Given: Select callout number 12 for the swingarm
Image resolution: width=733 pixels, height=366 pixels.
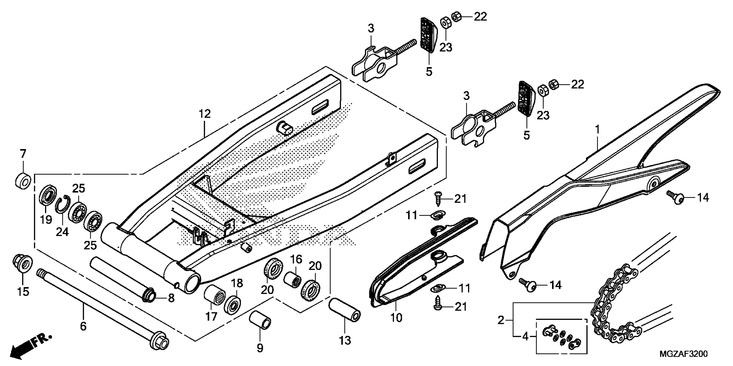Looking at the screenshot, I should pyautogui.click(x=205, y=114).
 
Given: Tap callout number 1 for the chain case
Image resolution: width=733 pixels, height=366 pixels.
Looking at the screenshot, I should pyautogui.click(x=598, y=130).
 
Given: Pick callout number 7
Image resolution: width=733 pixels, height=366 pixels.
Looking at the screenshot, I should pyautogui.click(x=23, y=154).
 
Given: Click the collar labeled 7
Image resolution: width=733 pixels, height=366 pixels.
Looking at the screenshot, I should pyautogui.click(x=23, y=180).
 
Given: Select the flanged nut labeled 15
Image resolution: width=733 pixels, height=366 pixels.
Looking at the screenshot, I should pyautogui.click(x=23, y=264).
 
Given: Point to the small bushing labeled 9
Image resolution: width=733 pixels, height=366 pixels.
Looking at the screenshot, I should pyautogui.click(x=260, y=320).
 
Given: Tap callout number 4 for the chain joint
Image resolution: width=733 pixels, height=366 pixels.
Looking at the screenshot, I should pyautogui.click(x=525, y=337).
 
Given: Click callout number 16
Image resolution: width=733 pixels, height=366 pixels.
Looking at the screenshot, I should pyautogui.click(x=296, y=259).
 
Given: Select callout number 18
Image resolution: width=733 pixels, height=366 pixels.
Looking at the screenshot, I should pyautogui.click(x=237, y=283).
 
